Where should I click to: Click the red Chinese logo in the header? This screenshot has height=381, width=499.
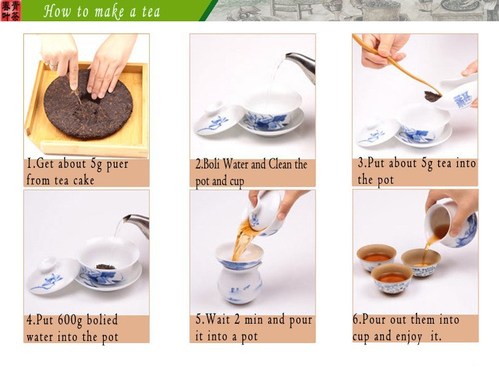(11, 11)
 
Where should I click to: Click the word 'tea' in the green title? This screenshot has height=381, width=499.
(150, 12)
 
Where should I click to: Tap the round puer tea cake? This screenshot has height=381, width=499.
(88, 104)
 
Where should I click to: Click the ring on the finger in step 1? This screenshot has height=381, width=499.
(53, 66)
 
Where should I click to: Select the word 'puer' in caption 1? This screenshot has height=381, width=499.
(117, 165)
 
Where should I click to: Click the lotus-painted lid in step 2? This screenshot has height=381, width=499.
(220, 119)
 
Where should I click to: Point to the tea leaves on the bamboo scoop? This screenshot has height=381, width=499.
(432, 96)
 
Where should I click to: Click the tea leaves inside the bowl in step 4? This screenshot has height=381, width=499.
(106, 266)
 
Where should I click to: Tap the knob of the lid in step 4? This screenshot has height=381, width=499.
(49, 264)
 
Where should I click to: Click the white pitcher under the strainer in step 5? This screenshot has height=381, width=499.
(240, 285)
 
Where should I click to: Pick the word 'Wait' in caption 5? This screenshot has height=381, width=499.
(218, 320)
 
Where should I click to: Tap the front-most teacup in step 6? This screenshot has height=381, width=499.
(392, 278)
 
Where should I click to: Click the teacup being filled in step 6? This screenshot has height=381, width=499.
(421, 262)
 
